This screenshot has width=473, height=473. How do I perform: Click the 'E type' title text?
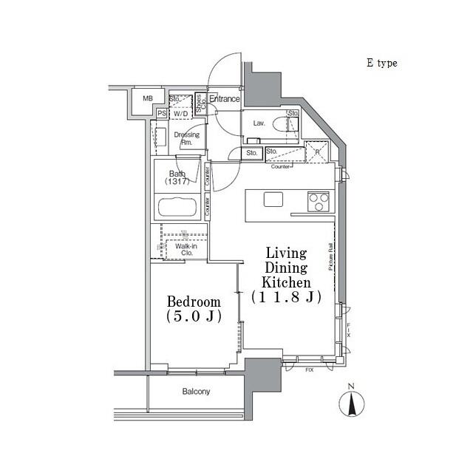click(381, 64)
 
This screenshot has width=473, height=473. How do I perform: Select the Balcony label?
click(197, 392)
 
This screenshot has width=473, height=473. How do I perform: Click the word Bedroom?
click(194, 302)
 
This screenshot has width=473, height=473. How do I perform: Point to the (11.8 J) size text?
click(286, 297)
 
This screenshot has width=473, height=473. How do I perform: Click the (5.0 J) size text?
click(194, 317)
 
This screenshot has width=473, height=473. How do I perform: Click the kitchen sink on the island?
click(273, 199)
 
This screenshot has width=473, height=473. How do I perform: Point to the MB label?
click(148, 98)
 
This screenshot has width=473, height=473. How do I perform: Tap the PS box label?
click(161, 113)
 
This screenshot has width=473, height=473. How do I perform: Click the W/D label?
click(181, 113)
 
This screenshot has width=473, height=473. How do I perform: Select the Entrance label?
click(224, 99)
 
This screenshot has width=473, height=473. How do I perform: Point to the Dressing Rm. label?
click(186, 138)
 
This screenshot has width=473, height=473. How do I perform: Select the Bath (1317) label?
click(177, 177)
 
